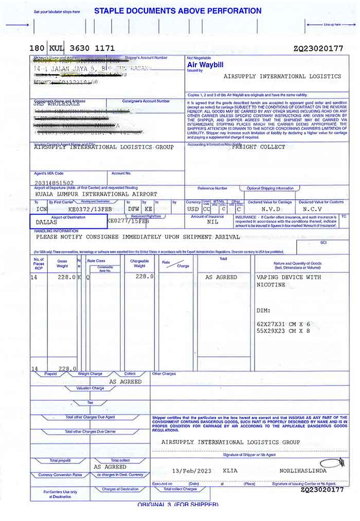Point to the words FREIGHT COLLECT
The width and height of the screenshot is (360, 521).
pos(259,147)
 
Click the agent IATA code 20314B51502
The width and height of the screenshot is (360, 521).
pos(54,182)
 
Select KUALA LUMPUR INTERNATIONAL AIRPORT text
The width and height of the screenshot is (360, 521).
pos(97,194)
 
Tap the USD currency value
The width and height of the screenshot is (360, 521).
pos(193,210)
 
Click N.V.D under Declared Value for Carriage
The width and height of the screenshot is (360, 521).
pos(271,210)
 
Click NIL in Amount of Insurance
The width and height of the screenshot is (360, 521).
pos(212,222)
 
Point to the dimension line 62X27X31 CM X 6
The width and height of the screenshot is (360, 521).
pos(283,324)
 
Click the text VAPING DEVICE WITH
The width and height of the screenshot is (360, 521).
pos(289,277)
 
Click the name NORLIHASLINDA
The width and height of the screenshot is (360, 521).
pos(303,470)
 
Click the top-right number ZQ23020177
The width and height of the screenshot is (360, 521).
pos(318,49)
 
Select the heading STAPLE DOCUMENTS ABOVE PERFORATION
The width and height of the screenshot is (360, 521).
pos(177,11)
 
